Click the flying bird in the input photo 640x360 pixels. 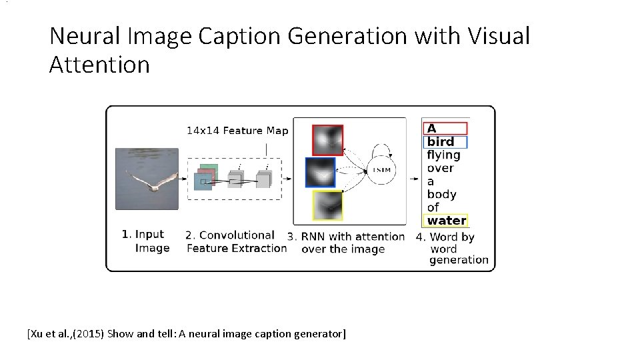pos(153,181)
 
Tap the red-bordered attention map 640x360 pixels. pos(327,140)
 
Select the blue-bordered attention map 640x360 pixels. pos(320,172)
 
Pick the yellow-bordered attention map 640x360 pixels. pos(327,205)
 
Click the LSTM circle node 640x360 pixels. pos(381,171)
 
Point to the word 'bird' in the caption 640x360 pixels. pos(441,141)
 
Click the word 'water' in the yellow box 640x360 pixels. pos(447,220)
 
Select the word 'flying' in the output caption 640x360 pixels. pos(443,155)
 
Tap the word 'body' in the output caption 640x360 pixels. pos(441,194)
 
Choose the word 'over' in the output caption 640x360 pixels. pos(440,168)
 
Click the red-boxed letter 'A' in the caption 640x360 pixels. pos(432,128)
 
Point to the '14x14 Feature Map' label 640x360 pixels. pos(237,131)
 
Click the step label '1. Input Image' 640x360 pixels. pos(145,241)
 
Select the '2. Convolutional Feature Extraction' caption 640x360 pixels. pos(236,241)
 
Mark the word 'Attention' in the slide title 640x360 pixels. pos(99,65)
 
